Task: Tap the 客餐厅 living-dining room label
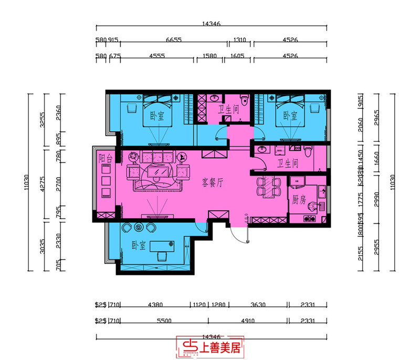[x=213, y=183]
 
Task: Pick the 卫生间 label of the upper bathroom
[x=229, y=110]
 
